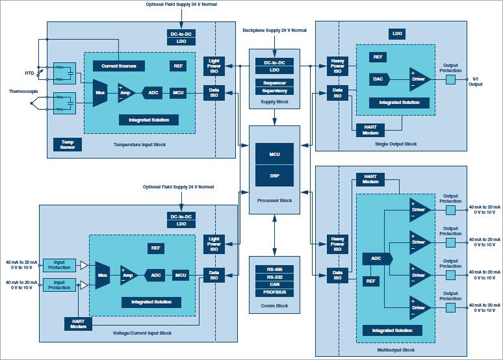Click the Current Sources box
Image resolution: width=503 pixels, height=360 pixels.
point(118,66)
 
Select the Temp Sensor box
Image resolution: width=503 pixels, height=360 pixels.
point(68,144)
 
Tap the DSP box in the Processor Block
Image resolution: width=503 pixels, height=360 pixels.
point(274,175)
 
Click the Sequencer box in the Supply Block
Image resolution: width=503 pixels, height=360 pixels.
point(274,83)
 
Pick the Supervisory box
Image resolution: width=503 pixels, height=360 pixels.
point(274,91)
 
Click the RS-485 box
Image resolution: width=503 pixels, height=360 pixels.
point(274,268)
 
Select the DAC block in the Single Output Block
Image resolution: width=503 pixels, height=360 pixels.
point(378,79)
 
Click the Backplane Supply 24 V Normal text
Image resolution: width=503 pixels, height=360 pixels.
point(274,30)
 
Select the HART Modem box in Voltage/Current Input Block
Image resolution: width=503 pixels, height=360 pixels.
point(78,322)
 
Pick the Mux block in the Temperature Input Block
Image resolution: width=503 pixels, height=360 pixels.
point(100,93)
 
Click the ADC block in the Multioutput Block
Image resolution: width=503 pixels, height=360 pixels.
point(377,259)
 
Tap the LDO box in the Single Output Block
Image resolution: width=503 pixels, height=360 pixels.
point(397,33)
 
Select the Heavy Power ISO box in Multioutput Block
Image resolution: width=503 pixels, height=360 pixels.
point(337,244)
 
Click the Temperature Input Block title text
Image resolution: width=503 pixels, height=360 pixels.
point(139,144)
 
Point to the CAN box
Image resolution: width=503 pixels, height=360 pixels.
point(274,285)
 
